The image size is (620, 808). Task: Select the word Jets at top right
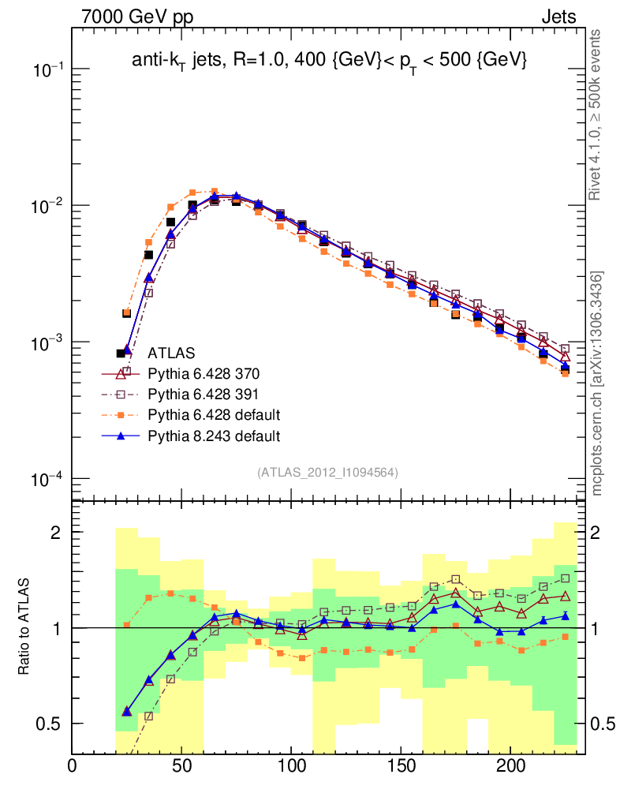tap(558, 17)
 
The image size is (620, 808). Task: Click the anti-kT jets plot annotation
tap(328, 62)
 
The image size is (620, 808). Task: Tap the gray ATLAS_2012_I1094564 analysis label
tap(327, 473)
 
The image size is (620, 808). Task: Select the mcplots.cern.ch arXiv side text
tap(597, 383)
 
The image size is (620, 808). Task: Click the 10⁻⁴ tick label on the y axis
tap(47, 479)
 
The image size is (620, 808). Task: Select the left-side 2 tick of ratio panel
tap(57, 532)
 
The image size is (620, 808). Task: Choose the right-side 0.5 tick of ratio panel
tap(603, 724)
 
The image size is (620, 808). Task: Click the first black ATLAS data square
tap(121, 353)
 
